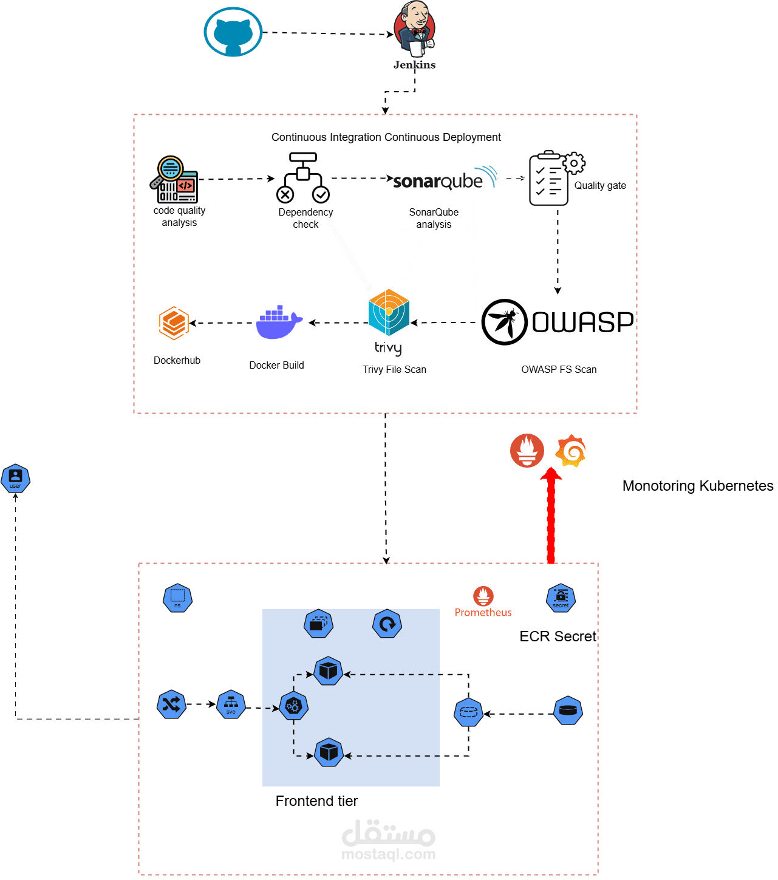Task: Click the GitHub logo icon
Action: (x=233, y=32)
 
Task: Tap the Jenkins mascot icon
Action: (x=414, y=29)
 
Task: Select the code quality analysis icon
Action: (x=174, y=179)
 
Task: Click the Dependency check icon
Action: (x=303, y=177)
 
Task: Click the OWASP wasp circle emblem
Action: (x=504, y=322)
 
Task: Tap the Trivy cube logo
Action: (x=389, y=313)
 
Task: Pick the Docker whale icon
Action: (x=279, y=322)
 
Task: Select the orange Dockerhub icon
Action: (x=174, y=323)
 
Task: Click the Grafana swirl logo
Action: (x=571, y=451)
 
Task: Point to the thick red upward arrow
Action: (x=551, y=516)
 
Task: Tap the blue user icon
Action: (x=16, y=479)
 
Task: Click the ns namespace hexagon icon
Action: (x=177, y=598)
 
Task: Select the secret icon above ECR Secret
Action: (x=561, y=598)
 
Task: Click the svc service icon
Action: (x=231, y=705)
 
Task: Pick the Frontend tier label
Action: (x=316, y=801)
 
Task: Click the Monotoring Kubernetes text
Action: (x=698, y=486)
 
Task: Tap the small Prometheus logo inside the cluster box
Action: (x=483, y=596)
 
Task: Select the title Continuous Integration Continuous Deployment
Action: (x=386, y=137)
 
